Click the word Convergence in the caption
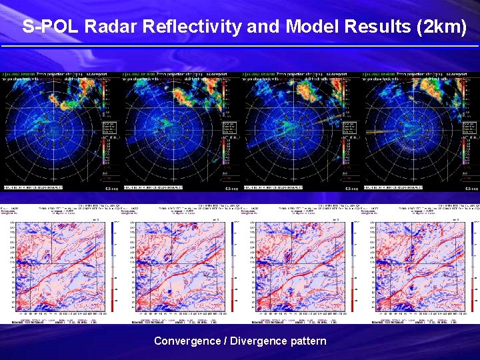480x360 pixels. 187,341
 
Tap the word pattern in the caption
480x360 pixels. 309,341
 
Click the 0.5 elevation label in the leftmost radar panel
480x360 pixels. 112,189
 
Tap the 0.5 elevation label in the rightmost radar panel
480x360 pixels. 471,189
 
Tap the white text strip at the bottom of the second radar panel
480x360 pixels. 153,187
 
